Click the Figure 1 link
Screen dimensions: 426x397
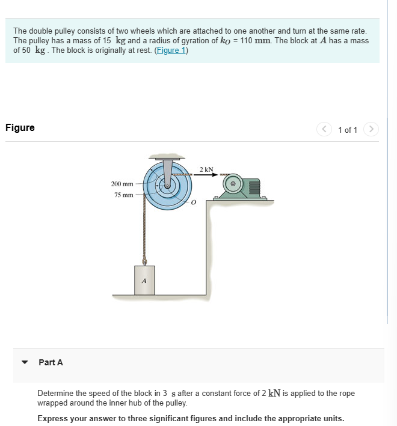pyautogui.click(x=171, y=50)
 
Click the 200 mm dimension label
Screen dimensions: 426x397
pyautogui.click(x=122, y=183)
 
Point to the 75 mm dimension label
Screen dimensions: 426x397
pyautogui.click(x=124, y=195)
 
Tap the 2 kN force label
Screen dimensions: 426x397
pyautogui.click(x=206, y=170)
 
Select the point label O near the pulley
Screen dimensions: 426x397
pyautogui.click(x=193, y=204)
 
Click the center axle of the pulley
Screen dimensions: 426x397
pyautogui.click(x=168, y=185)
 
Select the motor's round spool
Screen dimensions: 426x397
pyautogui.click(x=236, y=183)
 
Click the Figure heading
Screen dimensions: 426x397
pyautogui.click(x=20, y=127)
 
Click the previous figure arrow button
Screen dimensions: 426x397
pyautogui.click(x=325, y=129)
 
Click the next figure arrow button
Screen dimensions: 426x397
pyautogui.click(x=372, y=129)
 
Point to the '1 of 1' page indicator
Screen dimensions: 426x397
pyautogui.click(x=348, y=130)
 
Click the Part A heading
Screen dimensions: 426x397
pyautogui.click(x=51, y=362)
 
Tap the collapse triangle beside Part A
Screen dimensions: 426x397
pyautogui.click(x=25, y=363)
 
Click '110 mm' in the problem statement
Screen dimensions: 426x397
pyautogui.click(x=255, y=40)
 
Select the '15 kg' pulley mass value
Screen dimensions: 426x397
pyautogui.click(x=111, y=40)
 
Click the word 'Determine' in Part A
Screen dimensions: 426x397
pyautogui.click(x=56, y=393)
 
